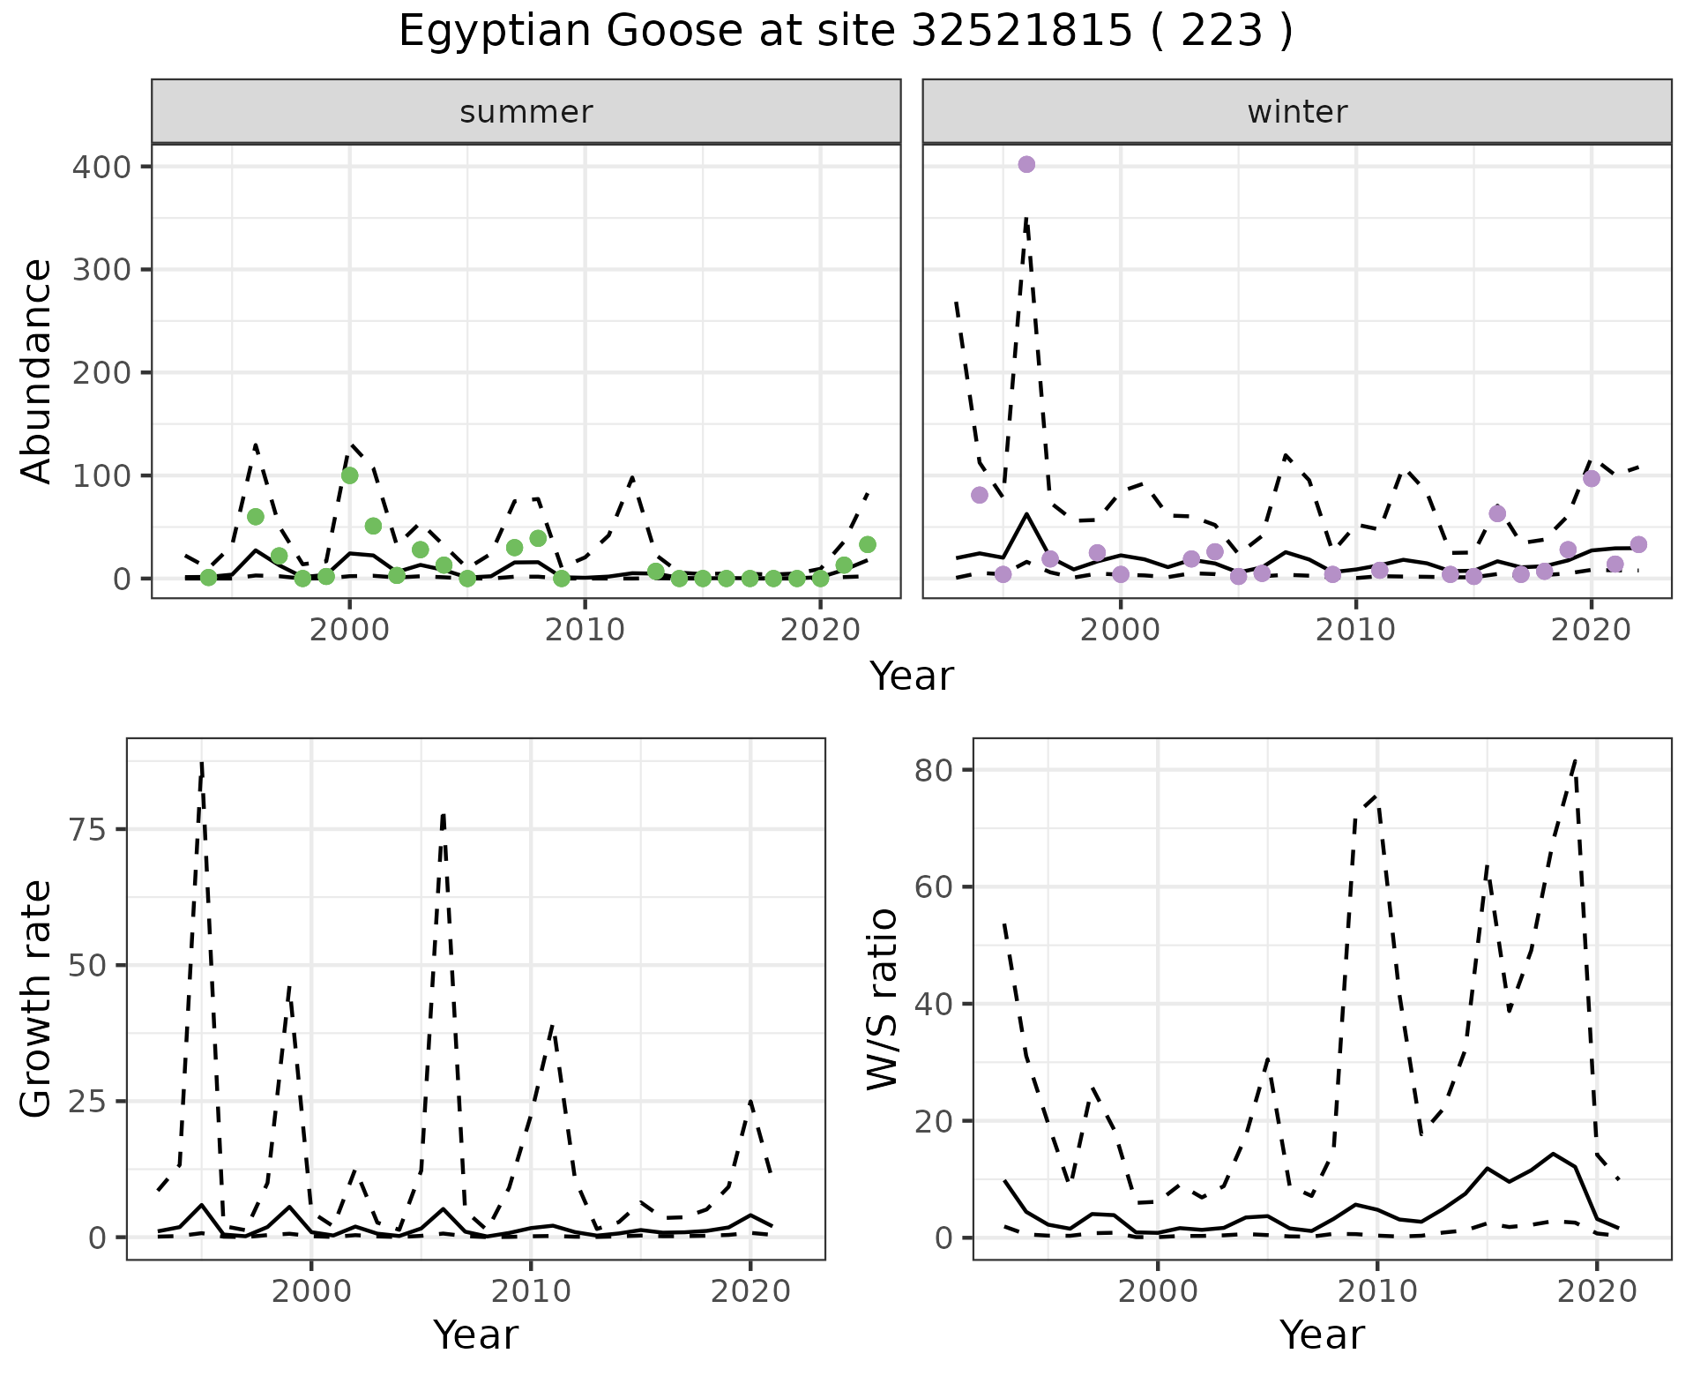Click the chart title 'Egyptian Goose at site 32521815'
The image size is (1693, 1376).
[x=845, y=32]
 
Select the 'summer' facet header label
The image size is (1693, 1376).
[x=526, y=112]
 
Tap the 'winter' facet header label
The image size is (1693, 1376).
[x=1297, y=112]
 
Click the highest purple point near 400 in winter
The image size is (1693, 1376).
[x=1026, y=165]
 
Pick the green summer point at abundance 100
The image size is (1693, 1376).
[x=350, y=475]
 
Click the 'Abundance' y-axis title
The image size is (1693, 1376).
[x=37, y=370]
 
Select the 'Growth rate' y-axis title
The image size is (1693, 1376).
[x=37, y=998]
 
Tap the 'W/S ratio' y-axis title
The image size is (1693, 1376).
[x=883, y=998]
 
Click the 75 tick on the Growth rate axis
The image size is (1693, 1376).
[x=85, y=830]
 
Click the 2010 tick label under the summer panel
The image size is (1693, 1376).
[x=585, y=630]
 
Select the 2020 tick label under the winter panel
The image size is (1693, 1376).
[x=1592, y=630]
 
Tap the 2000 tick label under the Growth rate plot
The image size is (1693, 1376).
[x=311, y=1291]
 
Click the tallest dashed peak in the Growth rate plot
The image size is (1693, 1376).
[x=202, y=764]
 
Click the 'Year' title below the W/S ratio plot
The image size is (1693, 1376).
[x=1322, y=1335]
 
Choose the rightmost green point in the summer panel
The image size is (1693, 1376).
[x=867, y=544]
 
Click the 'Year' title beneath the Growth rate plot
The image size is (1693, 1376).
[x=476, y=1335]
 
